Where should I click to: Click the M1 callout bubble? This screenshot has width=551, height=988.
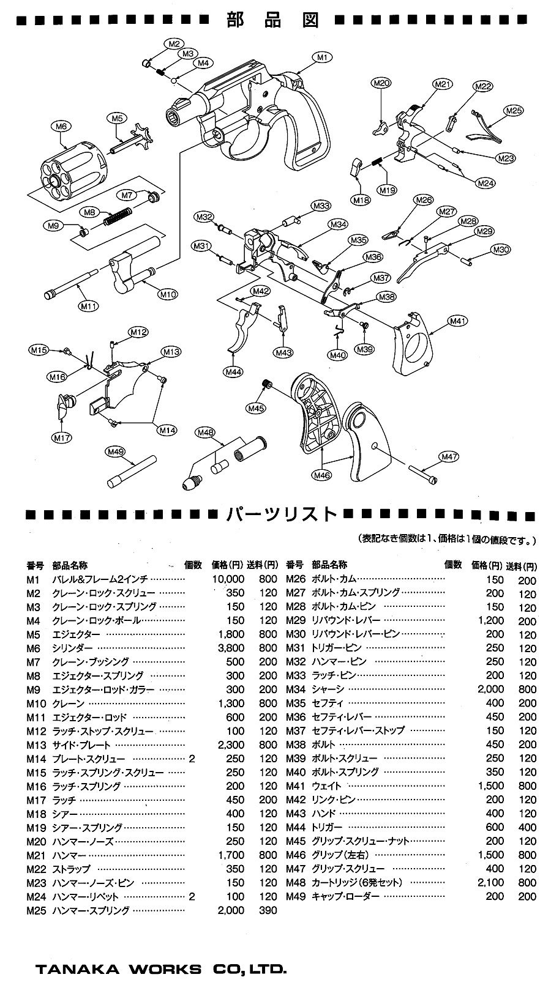(x=323, y=58)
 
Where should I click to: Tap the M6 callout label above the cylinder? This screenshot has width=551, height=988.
(x=60, y=126)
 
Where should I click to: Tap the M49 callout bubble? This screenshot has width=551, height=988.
(x=115, y=451)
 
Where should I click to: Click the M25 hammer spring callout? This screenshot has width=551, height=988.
(x=513, y=111)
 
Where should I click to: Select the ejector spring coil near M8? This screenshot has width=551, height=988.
(x=116, y=215)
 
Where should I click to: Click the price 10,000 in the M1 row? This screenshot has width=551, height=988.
(x=227, y=579)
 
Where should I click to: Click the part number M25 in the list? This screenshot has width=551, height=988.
(x=33, y=910)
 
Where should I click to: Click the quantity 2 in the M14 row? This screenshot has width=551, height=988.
(x=192, y=759)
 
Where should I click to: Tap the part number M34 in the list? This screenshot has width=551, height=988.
(x=294, y=689)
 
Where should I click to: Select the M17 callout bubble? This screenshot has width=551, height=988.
(x=62, y=437)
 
